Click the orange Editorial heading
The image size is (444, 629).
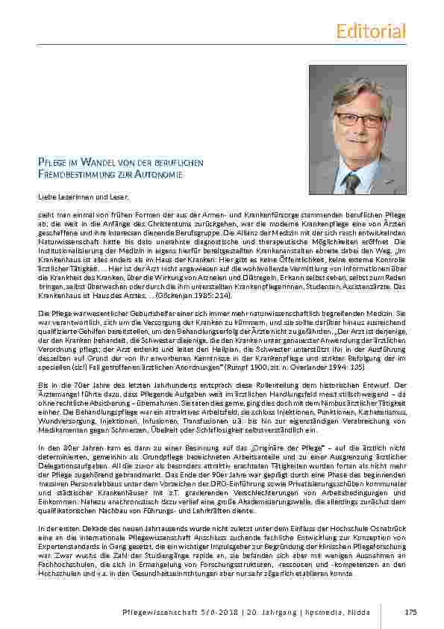(x=371, y=31)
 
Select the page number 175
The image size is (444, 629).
(x=410, y=612)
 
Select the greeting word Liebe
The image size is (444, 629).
(x=46, y=196)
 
